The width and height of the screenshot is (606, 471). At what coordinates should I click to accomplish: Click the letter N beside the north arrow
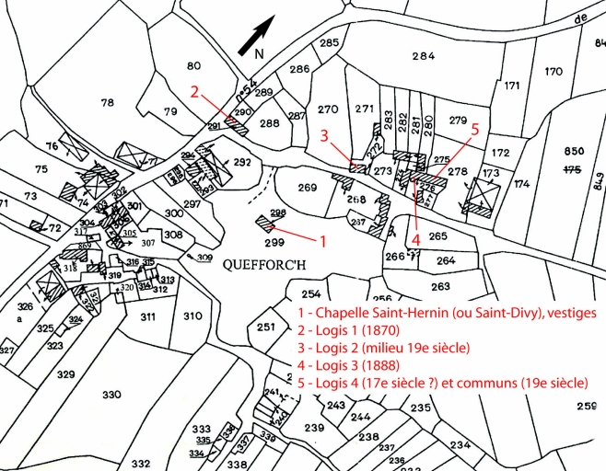tap(259, 53)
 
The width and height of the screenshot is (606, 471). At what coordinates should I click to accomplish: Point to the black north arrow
tap(255, 36)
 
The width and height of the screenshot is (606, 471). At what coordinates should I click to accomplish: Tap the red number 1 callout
tap(321, 242)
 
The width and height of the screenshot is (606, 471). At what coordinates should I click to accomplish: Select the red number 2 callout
tap(194, 91)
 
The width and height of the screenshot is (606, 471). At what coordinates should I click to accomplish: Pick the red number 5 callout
tap(474, 130)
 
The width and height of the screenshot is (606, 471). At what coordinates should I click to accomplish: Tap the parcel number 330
tap(111, 394)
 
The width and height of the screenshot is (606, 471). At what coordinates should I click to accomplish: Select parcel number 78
tap(107, 102)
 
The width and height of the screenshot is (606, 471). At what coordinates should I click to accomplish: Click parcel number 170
tap(554, 72)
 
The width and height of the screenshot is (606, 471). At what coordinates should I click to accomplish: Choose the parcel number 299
tap(274, 243)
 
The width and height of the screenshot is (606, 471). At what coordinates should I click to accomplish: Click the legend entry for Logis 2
tap(383, 348)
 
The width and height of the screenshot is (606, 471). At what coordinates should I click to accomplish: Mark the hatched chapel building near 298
tap(268, 224)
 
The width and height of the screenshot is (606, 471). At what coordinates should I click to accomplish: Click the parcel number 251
tap(266, 327)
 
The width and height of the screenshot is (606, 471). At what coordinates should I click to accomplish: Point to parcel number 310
tap(192, 316)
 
